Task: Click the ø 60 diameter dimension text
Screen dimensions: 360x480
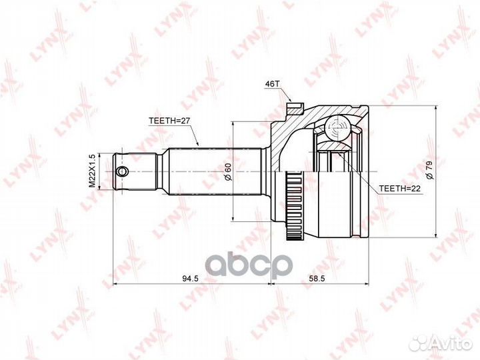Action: point(228,171)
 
